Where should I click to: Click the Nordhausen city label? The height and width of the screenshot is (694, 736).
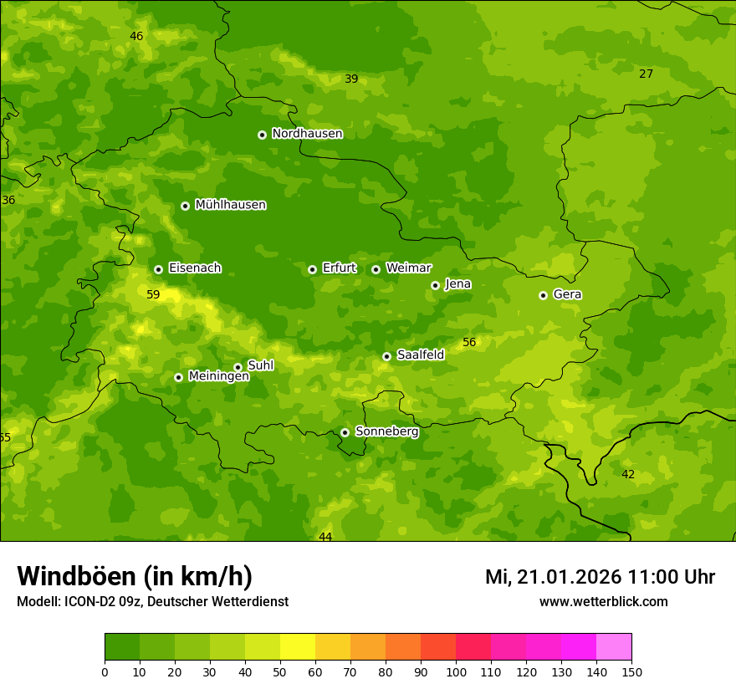(x=307, y=134)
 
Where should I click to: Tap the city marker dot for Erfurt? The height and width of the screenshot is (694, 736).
(x=312, y=269)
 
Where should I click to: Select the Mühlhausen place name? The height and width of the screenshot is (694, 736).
(x=230, y=205)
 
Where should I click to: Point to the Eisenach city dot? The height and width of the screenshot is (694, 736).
(x=158, y=269)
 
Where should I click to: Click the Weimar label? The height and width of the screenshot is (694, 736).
(x=408, y=268)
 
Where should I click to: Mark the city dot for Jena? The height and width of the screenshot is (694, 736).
(x=435, y=285)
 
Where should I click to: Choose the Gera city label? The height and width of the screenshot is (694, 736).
(x=567, y=294)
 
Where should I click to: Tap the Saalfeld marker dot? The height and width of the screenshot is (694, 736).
(x=386, y=356)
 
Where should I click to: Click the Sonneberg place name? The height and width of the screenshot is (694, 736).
(x=386, y=431)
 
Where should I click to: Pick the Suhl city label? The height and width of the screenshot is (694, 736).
(x=260, y=365)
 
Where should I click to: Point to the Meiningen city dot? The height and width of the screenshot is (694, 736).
(x=178, y=377)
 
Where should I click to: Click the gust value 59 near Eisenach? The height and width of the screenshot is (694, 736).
(x=153, y=294)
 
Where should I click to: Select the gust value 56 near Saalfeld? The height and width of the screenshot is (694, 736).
(x=469, y=342)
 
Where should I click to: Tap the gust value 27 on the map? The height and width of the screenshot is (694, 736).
(x=646, y=74)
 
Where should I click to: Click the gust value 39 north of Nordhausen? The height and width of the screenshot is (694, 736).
(x=351, y=79)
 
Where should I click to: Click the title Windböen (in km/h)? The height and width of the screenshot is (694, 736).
(x=135, y=576)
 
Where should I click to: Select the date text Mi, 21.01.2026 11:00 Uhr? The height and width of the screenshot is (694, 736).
(x=600, y=577)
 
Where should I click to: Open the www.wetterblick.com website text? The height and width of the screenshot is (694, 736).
(x=603, y=602)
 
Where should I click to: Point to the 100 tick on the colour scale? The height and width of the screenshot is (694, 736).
(x=456, y=671)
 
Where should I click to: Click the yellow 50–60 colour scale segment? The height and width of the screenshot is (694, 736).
(x=298, y=647)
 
